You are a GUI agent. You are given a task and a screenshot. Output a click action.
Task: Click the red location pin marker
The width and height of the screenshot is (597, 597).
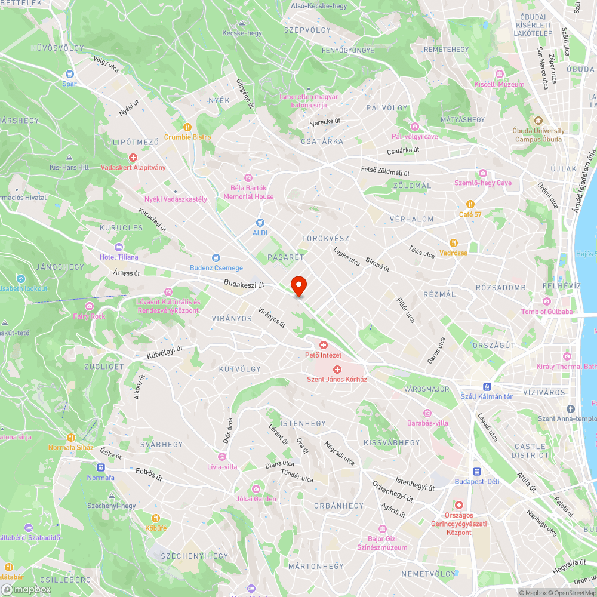tap(298, 285)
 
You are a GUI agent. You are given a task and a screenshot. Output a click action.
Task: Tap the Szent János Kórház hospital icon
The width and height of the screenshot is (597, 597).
tap(337, 370)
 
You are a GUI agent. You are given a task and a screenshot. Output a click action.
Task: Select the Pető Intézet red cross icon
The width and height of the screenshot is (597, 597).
tap(324, 345)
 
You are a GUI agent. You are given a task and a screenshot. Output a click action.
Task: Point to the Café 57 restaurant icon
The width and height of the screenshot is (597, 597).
tap(470, 204)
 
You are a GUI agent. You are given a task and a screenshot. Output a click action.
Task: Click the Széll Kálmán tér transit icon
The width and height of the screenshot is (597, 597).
tap(487, 386)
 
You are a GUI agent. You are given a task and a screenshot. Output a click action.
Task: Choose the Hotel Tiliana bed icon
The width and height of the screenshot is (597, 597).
tap(118, 247)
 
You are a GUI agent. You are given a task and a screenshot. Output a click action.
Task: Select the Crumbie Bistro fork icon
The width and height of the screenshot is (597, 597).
tap(187, 127)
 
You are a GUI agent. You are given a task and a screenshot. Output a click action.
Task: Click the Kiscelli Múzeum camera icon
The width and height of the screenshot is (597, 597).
tap(499, 74)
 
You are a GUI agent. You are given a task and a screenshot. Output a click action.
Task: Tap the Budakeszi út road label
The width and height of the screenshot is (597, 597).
tap(244, 284)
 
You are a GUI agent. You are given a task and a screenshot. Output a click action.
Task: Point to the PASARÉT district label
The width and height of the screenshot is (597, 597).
tap(286, 257)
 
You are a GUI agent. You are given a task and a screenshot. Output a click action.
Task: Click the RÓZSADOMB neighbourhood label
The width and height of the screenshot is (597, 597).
tap(500, 288)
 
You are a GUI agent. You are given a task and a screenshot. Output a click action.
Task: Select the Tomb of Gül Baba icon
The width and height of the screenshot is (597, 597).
tap(547, 301)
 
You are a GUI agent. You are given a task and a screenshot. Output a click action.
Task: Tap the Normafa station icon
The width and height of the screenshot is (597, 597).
tap(100, 467)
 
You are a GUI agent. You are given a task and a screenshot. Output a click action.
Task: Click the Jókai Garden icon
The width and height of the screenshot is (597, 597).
tap(257, 489)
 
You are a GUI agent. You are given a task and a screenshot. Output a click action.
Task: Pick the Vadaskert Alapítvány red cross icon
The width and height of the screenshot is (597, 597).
tap(133, 158)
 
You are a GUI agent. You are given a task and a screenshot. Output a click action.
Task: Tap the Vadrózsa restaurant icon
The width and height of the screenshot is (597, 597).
tap(454, 242)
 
